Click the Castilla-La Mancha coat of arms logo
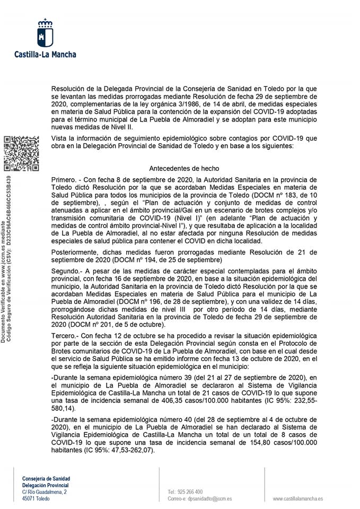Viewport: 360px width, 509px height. [45, 33]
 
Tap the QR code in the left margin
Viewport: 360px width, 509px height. [21, 154]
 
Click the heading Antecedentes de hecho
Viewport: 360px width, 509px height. [184, 168]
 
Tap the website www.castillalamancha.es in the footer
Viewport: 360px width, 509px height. [298, 499]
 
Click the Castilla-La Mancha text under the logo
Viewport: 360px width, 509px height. [45, 54]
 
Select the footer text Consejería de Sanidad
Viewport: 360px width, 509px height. [46, 478]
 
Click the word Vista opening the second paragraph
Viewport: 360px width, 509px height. [60, 139]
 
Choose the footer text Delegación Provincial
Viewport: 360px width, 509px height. [46, 485]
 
